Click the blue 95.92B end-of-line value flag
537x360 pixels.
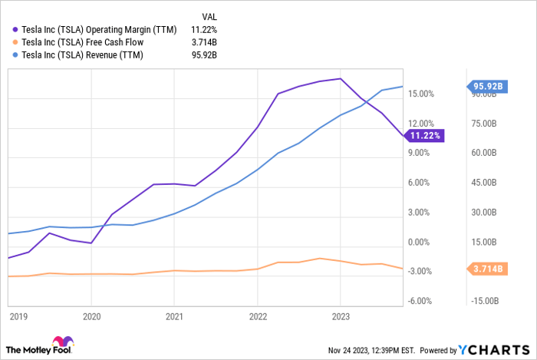pos(486,87)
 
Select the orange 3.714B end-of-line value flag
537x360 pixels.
pos(486,269)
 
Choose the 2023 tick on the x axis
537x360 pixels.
pos(341,315)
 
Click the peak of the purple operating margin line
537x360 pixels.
pos(340,78)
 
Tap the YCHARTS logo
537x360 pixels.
pos(502,349)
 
